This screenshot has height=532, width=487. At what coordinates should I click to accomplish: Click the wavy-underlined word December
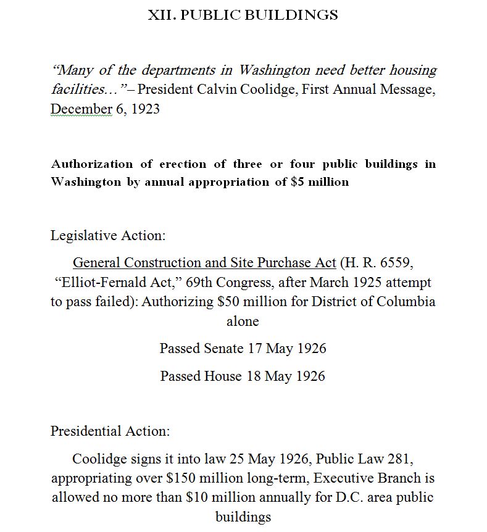(x=81, y=109)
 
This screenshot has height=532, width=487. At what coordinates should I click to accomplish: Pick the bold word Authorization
(x=91, y=164)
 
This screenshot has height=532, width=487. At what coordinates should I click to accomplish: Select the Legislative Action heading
(x=108, y=235)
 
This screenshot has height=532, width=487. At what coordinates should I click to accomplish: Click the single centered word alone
(x=243, y=321)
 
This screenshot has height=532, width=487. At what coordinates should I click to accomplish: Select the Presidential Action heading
(x=110, y=431)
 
